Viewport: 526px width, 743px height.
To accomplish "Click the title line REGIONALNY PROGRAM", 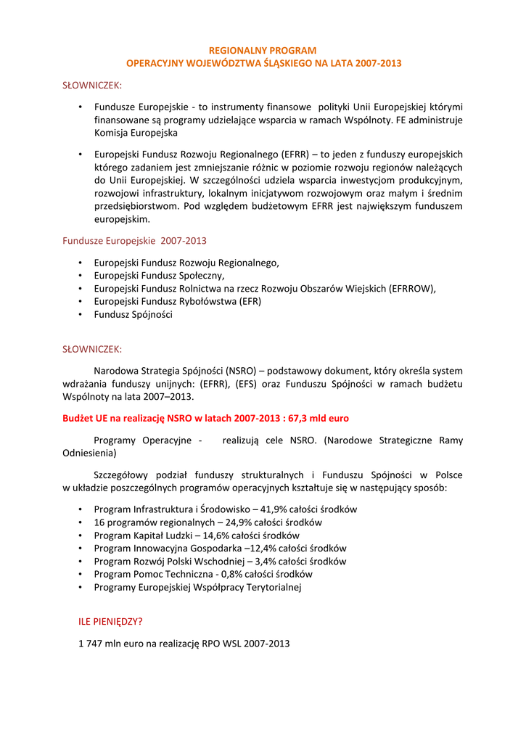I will pos(263,51).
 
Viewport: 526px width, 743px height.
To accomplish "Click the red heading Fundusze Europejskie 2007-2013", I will pos(134,240).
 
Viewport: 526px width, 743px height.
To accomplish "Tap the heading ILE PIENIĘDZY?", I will pos(110,622).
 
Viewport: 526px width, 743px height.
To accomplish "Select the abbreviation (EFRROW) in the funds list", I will pos(411,289).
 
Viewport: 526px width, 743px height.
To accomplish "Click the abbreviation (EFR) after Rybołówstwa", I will pos(247,302).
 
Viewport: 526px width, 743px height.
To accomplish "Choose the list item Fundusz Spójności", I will pos(133,315).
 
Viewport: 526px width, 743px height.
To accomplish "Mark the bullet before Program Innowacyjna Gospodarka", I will pos(80,549).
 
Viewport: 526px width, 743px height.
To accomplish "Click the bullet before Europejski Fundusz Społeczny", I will pos(80,276).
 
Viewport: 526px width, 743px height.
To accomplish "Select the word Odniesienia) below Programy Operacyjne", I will pos(89,453).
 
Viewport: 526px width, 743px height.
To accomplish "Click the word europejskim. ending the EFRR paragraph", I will pos(122,219).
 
